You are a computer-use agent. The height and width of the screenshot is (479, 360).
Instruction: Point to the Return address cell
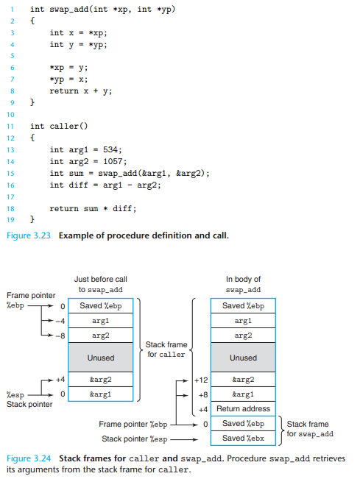click(x=243, y=408)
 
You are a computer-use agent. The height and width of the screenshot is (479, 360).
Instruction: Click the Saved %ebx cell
click(x=243, y=439)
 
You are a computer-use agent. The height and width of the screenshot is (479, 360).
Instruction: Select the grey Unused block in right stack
click(x=243, y=358)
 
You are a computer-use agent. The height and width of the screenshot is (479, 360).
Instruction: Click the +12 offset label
click(x=200, y=380)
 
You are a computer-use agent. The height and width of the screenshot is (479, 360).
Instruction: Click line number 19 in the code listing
click(x=10, y=219)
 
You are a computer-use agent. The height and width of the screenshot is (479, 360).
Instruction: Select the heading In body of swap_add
click(x=243, y=285)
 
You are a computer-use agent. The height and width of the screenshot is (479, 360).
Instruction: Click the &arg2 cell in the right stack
click(x=243, y=380)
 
